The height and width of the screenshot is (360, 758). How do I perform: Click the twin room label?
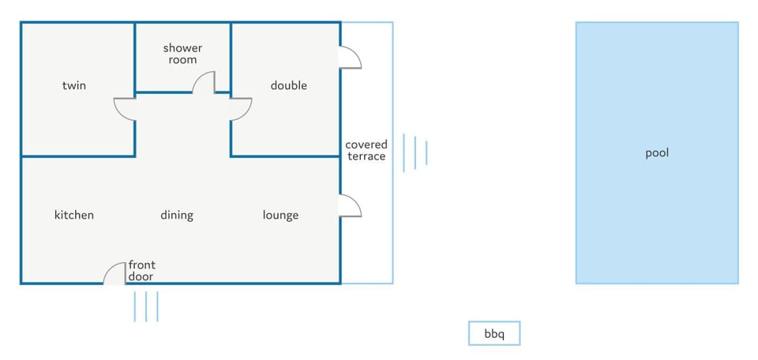click(74, 85)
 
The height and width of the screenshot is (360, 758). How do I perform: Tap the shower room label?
click(182, 54)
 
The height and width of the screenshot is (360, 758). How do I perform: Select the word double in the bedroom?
click(289, 85)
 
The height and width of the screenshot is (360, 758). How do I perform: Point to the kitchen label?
click(74, 215)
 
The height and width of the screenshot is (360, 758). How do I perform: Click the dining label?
click(177, 215)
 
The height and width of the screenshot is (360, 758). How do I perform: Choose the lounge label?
click(280, 215)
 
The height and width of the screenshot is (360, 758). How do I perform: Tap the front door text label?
click(141, 271)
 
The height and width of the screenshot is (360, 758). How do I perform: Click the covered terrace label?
click(366, 150)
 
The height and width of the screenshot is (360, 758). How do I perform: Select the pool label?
click(657, 153)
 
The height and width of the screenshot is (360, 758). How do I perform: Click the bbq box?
click(494, 333)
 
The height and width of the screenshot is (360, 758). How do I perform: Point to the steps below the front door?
click(146, 306)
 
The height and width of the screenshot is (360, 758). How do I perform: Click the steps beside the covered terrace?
click(415, 152)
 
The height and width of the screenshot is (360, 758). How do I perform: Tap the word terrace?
click(366, 156)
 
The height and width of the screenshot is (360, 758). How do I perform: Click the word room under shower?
click(182, 59)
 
